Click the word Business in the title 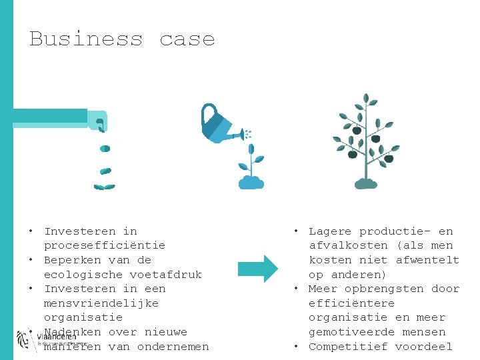tap(85, 39)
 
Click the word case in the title tap(187, 39)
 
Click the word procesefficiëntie tap(105, 245)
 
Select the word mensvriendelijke tap(101, 303)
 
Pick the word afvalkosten tap(348, 245)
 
